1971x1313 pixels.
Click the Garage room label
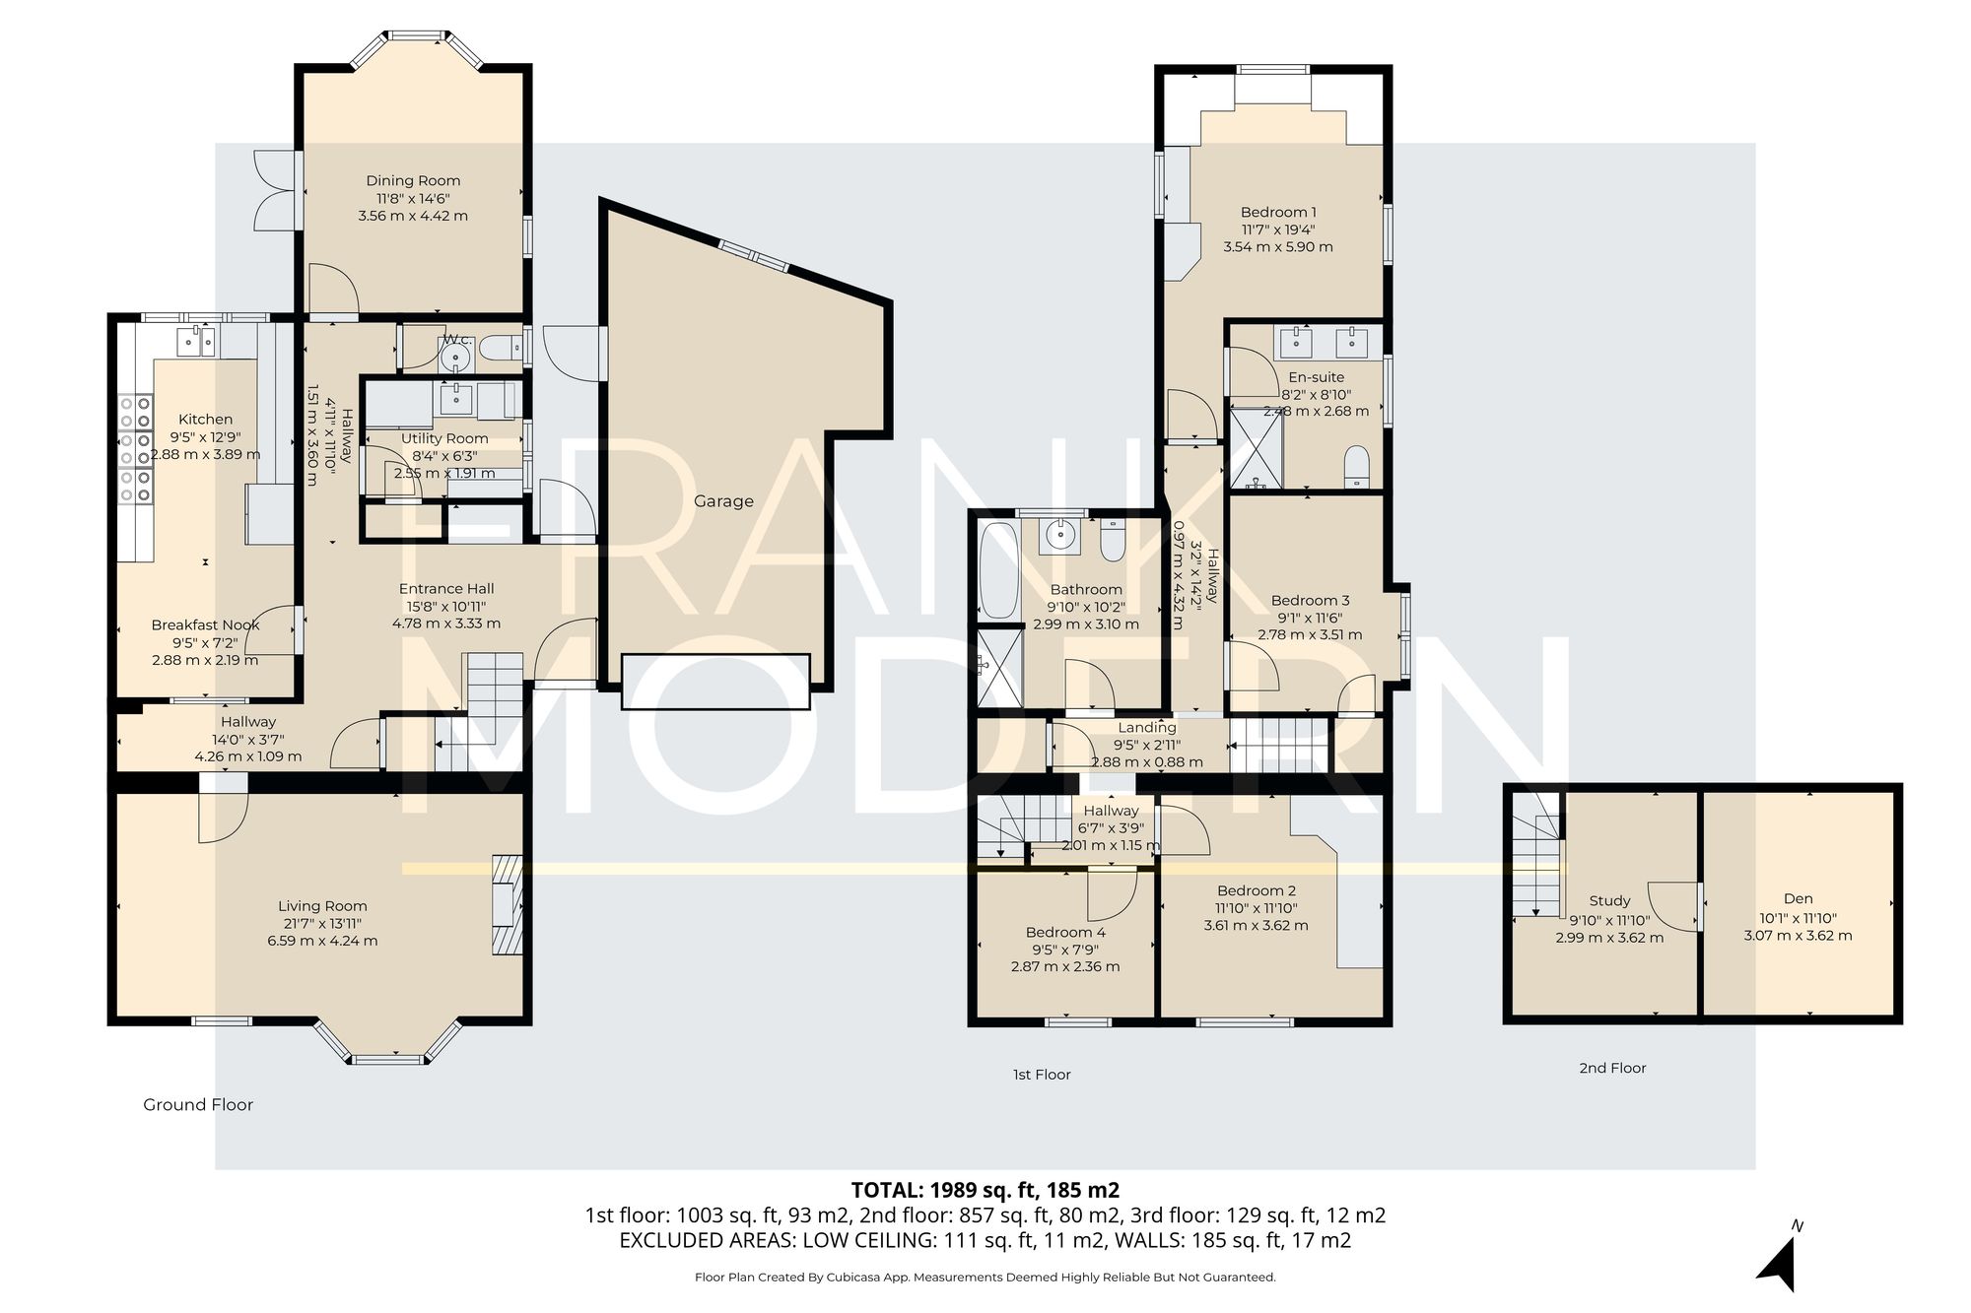723,501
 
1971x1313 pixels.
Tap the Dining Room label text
413,180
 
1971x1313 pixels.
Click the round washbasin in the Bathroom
1060,536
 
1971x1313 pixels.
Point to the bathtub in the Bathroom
999,571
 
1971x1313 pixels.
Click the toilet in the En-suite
1357,466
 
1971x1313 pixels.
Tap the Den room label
1798,898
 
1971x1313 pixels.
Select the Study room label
1609,900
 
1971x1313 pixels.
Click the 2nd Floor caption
1612,1068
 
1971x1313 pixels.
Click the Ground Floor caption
198,1104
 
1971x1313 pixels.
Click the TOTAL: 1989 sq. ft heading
985,1189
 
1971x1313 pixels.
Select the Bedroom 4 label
1065,932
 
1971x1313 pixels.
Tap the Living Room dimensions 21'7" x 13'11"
322,924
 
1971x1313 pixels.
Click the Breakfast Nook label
205,624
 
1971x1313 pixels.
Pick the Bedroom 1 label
1278,212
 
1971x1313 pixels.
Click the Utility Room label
444,438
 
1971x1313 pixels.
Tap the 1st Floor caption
1042,1075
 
